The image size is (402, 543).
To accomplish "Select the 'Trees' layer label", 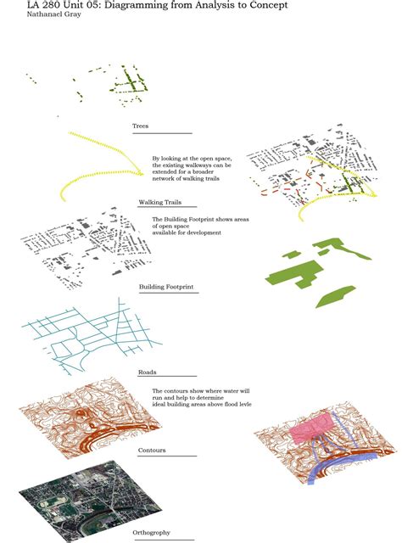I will tap(141, 126).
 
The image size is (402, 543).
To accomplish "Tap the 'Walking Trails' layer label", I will tap(159, 203).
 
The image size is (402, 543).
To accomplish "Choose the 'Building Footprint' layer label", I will tap(166, 288).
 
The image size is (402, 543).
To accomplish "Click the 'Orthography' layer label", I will tap(151, 532).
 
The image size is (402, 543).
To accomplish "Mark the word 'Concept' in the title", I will tap(266, 5).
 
